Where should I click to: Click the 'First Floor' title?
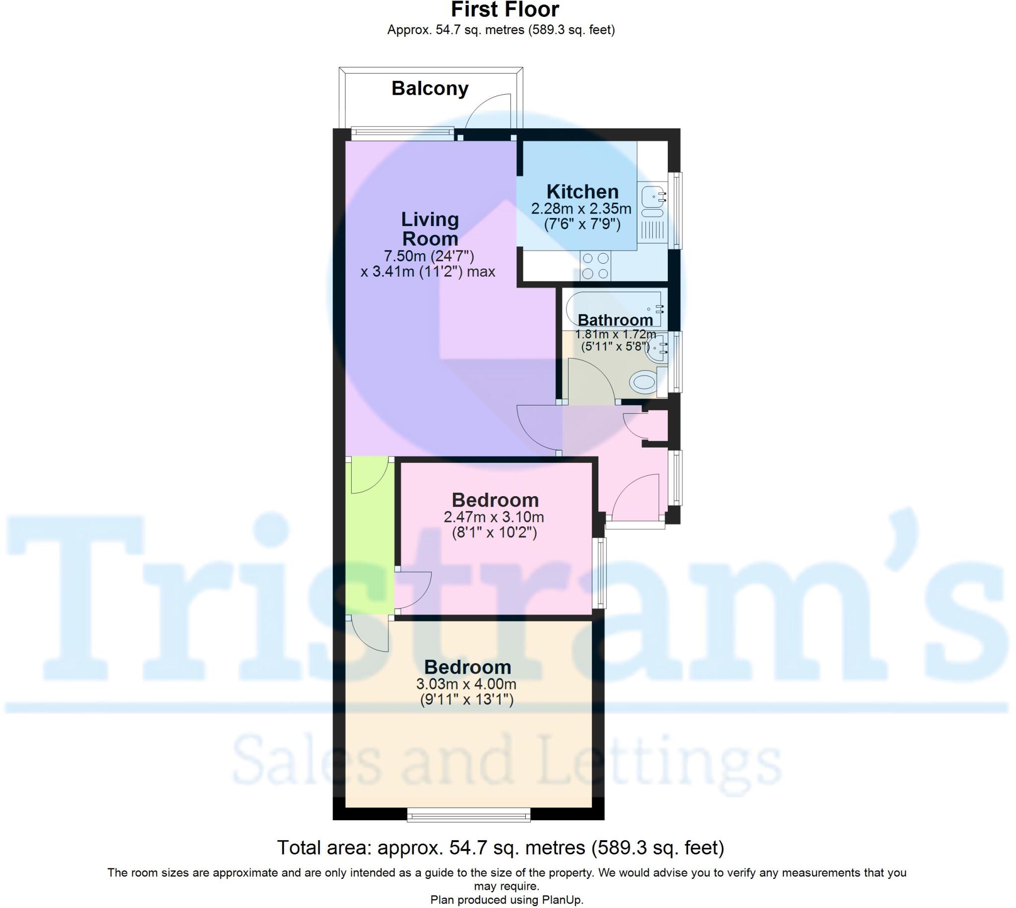[505, 9]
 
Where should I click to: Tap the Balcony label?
[430, 88]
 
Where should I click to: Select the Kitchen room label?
[582, 192]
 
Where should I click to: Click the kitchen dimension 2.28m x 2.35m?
[581, 209]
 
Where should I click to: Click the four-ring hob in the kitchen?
[596, 266]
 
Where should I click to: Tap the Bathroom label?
[615, 319]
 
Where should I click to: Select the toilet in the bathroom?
[644, 382]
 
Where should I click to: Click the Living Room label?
[430, 228]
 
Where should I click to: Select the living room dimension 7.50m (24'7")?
[428, 256]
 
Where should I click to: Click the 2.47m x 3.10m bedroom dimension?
[494, 517]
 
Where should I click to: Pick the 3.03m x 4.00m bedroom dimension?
[466, 684]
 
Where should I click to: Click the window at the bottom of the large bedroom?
[468, 816]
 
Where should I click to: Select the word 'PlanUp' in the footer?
[563, 900]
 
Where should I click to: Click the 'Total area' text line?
[500, 848]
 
